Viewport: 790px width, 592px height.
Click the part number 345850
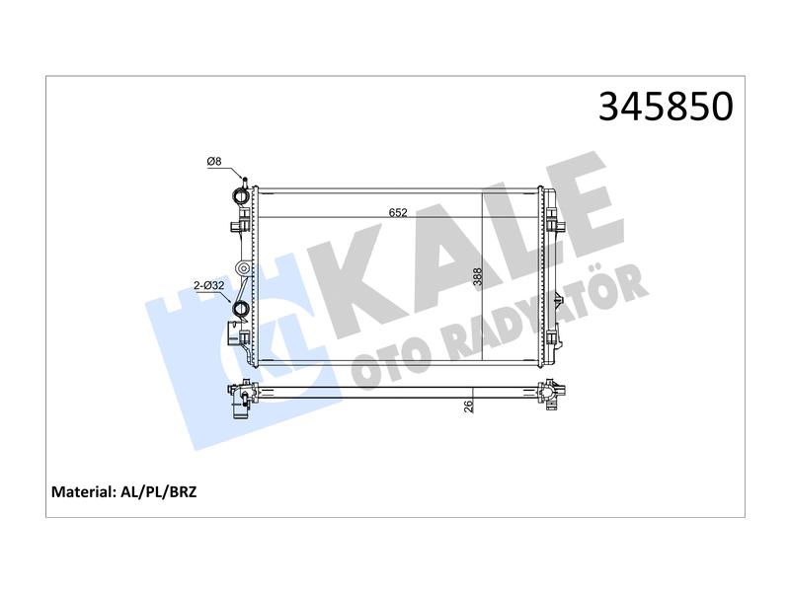[x=666, y=107]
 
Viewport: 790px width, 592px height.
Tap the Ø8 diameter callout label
[x=214, y=162]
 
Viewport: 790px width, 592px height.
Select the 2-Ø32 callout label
[x=209, y=285]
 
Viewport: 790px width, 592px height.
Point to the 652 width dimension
[x=398, y=212]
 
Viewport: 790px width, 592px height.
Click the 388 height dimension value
[x=477, y=277]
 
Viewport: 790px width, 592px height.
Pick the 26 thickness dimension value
[x=468, y=407]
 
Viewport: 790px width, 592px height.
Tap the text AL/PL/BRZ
[x=158, y=491]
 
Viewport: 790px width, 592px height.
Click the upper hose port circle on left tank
[x=240, y=195]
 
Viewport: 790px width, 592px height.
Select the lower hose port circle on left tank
[x=239, y=308]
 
